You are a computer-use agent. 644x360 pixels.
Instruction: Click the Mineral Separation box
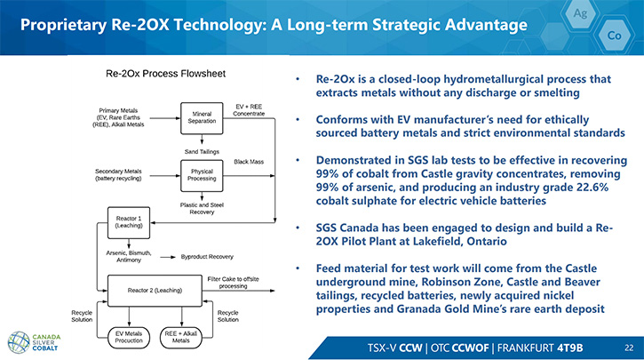[x=202, y=118]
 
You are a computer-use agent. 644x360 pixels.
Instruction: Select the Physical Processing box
[x=202, y=175]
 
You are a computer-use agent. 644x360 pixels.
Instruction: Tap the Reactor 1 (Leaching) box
[x=129, y=222]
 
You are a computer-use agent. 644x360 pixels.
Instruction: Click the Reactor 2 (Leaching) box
[x=155, y=291]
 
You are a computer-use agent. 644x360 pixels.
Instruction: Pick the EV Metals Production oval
[x=129, y=338]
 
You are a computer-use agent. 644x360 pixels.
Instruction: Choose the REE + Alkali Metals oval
[x=180, y=338]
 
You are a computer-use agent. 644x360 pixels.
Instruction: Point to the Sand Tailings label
[x=202, y=152]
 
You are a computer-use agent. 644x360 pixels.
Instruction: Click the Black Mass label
[x=249, y=162]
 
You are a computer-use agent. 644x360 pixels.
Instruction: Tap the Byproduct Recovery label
[x=207, y=257]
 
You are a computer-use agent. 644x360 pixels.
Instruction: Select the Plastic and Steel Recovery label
[x=202, y=208]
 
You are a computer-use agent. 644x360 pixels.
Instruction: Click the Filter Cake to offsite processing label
[x=233, y=283]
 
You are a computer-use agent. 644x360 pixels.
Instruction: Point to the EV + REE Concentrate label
[x=249, y=110]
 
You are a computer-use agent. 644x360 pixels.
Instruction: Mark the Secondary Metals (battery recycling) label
[x=118, y=174]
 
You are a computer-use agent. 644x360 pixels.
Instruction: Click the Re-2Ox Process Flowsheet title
[x=165, y=74]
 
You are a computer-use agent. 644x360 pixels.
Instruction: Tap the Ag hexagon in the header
[x=580, y=13]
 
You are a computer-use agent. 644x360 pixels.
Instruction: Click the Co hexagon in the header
[x=614, y=36]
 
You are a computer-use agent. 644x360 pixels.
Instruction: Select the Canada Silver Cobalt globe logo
[x=19, y=342]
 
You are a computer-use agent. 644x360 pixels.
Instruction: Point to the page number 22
[x=629, y=348]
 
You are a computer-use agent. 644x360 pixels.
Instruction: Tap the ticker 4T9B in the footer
[x=569, y=348]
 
